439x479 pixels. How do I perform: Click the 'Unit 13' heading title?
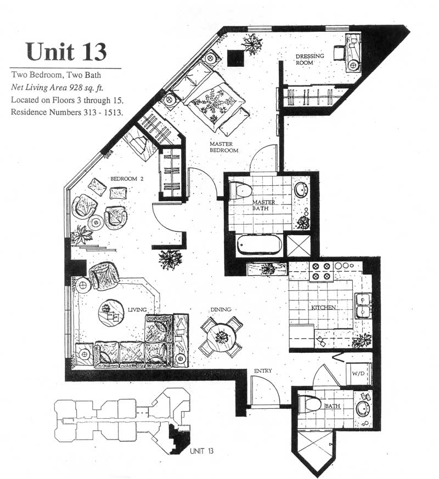pos(66,52)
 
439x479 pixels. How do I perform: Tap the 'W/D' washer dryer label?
pos(358,373)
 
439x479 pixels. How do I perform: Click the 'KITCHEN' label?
pos(323,307)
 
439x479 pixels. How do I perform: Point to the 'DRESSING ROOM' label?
pos(309,59)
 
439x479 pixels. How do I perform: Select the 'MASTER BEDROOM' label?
pos(224,147)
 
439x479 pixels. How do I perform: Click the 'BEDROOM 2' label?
pos(127,179)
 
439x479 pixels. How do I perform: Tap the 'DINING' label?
pos(221,310)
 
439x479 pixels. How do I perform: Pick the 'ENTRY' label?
pos(263,371)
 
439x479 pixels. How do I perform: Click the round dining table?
pos(222,337)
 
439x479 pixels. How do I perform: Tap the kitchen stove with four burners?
pos(321,272)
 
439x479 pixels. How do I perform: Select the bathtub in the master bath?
pos(260,244)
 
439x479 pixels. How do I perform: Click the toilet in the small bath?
pos(309,404)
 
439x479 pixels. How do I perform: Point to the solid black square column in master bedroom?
pos(236,58)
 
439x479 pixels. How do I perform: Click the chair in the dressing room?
pos(340,53)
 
